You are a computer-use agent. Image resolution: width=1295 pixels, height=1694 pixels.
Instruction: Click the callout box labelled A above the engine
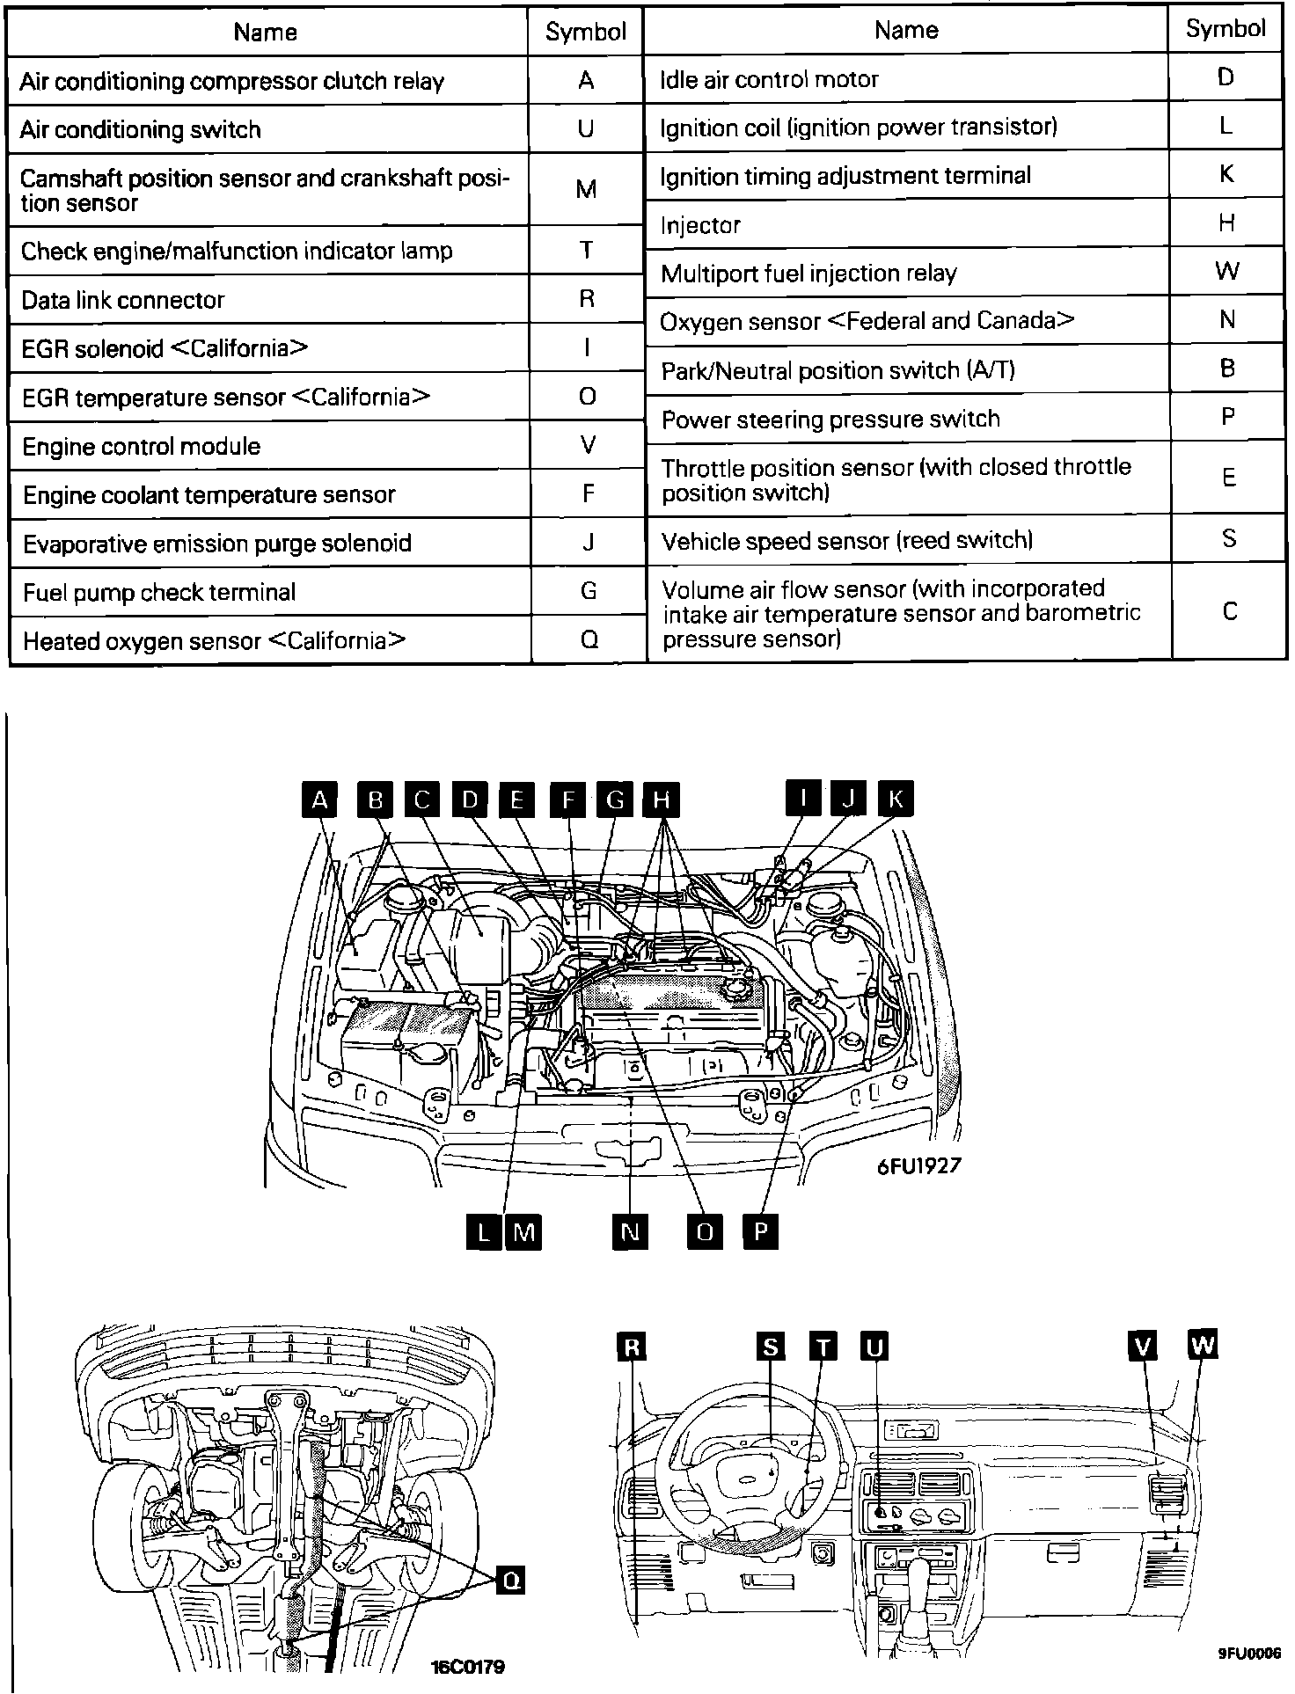click(319, 800)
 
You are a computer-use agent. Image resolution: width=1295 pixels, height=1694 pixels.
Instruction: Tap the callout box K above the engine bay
click(896, 799)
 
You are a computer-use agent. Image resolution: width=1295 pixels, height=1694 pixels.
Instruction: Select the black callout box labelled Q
click(510, 1581)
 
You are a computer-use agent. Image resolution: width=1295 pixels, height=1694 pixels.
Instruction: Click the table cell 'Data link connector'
click(268, 299)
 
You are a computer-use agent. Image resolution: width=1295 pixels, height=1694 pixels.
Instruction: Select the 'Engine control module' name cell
click(268, 446)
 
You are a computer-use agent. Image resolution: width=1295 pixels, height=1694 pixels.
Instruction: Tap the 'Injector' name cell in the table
click(906, 224)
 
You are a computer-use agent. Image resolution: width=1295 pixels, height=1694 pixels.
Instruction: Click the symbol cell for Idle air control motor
click(1225, 77)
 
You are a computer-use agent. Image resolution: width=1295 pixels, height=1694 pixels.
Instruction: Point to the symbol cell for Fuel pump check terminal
click(589, 591)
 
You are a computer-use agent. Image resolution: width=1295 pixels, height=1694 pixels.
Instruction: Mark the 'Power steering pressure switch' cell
click(906, 418)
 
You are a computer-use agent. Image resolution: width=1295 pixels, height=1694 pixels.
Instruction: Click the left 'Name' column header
click(266, 33)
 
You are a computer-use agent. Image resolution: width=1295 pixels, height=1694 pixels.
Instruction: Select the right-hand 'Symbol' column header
click(1225, 29)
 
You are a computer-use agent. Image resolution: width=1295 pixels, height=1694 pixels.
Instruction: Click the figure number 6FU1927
click(918, 1165)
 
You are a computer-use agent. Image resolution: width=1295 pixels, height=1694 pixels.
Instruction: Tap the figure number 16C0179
click(468, 1667)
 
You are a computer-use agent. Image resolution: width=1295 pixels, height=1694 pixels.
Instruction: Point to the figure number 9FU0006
click(1248, 1652)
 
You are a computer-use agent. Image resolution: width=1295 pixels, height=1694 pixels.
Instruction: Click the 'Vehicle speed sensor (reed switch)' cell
click(906, 539)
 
